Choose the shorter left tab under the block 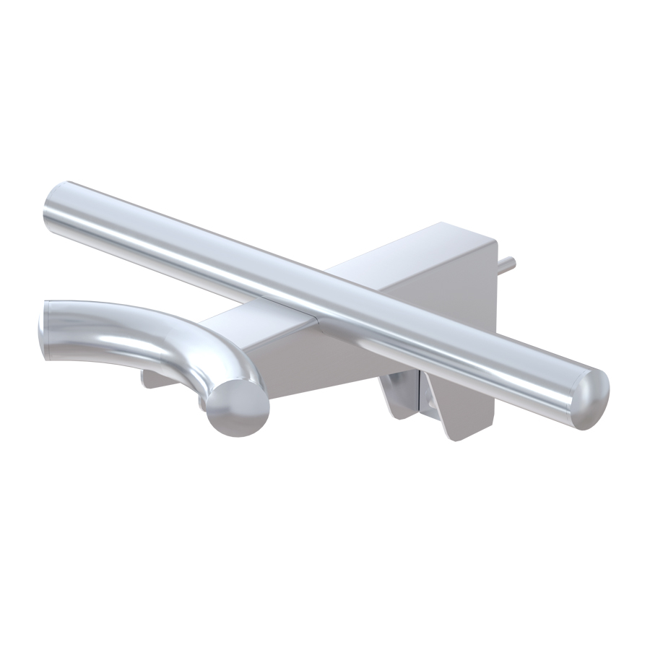pyautogui.click(x=399, y=394)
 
